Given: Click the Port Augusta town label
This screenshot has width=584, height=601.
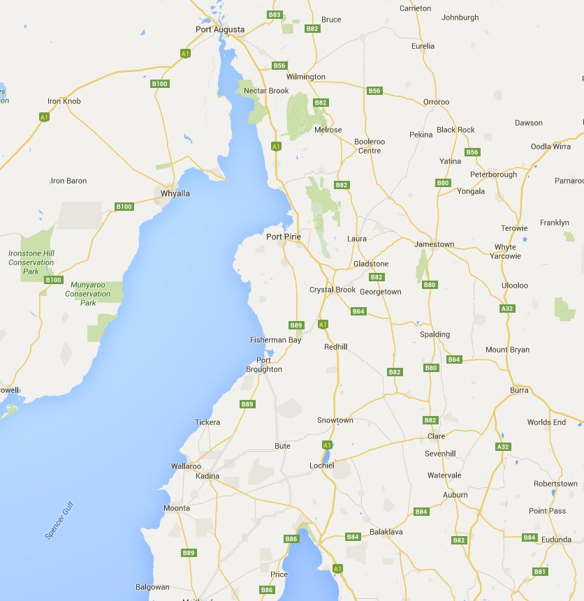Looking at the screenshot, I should click(220, 29).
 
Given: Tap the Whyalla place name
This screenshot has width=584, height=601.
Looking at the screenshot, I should click(175, 193).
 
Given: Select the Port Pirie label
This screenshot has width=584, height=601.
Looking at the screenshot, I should click(284, 237).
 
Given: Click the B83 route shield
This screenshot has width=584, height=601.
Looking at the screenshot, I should click(275, 15).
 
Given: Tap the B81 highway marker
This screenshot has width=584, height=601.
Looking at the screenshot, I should click(539, 572).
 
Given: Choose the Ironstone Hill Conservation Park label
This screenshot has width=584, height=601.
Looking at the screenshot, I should click(31, 262).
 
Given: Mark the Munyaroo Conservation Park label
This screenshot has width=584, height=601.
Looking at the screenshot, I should click(91, 294).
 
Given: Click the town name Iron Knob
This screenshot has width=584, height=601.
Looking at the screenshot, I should click(64, 101).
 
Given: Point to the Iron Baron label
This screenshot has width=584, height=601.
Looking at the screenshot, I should click(69, 181).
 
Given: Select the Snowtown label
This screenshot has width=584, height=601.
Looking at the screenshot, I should click(335, 420).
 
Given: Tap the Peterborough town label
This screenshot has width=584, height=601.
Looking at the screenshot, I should click(494, 175).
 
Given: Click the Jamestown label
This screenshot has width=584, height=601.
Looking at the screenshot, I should click(435, 244).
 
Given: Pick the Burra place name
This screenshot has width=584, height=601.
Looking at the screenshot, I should click(520, 390).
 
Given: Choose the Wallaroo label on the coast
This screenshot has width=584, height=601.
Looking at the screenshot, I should click(186, 466).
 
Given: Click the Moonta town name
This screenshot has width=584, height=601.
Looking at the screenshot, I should click(177, 508).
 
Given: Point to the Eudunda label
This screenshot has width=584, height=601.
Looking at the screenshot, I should click(556, 540).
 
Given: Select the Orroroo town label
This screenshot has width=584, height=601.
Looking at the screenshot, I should click(437, 102).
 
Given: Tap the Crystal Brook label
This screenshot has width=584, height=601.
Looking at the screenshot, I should click(333, 290).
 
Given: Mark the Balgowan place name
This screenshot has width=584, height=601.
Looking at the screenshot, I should click(152, 588).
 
